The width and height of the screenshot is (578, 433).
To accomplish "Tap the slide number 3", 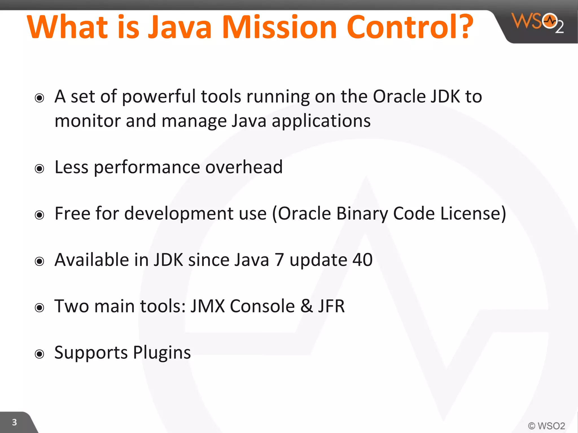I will pos(14,422).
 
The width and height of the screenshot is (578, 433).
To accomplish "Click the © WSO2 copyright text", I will pos(546,426).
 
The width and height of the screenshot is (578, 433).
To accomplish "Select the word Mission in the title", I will pos(279,27).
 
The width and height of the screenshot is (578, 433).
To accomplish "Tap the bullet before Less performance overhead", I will pos(40,169).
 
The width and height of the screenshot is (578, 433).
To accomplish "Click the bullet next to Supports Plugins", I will pos(40,354).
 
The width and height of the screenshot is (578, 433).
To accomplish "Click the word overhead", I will pos(244,167).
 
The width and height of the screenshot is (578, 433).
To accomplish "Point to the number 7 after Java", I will pos(279,260).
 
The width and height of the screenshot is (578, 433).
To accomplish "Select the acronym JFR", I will pos(331,306).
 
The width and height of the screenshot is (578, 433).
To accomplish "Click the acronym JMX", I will pos(207,306).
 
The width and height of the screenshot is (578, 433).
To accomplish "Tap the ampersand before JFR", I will pos(307,306).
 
